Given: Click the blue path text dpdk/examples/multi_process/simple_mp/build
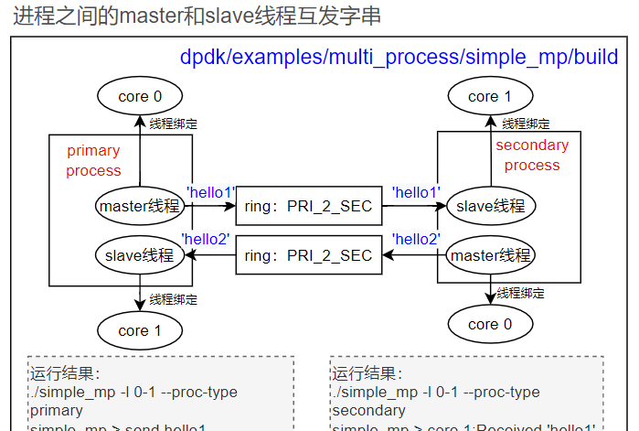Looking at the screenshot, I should [x=399, y=58].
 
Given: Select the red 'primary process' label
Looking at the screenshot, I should [x=93, y=160].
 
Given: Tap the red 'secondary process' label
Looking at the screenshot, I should [x=532, y=155].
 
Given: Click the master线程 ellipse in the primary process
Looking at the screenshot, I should [x=140, y=206].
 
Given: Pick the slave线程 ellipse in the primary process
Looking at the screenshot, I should [x=140, y=255].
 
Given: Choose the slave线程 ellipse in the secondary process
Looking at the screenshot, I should [x=490, y=206].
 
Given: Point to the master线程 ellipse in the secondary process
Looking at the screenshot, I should [x=490, y=255].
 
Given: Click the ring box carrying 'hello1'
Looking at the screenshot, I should [x=308, y=207].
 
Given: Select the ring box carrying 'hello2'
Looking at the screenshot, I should [x=308, y=255].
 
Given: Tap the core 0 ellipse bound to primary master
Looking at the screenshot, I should [x=140, y=96].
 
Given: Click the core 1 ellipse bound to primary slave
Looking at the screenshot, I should [x=140, y=330].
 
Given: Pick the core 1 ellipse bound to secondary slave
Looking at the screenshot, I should [x=490, y=96].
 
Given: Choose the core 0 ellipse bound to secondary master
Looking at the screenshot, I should [x=490, y=324].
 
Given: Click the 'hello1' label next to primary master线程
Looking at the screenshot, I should [x=211, y=192].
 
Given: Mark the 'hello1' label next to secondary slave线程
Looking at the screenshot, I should [x=416, y=192].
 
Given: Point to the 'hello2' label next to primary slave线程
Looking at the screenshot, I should [x=206, y=240].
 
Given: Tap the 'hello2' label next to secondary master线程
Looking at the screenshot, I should [x=416, y=240].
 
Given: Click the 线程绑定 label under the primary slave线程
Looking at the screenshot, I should [x=174, y=299].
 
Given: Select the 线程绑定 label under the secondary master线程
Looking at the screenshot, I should [x=521, y=294].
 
